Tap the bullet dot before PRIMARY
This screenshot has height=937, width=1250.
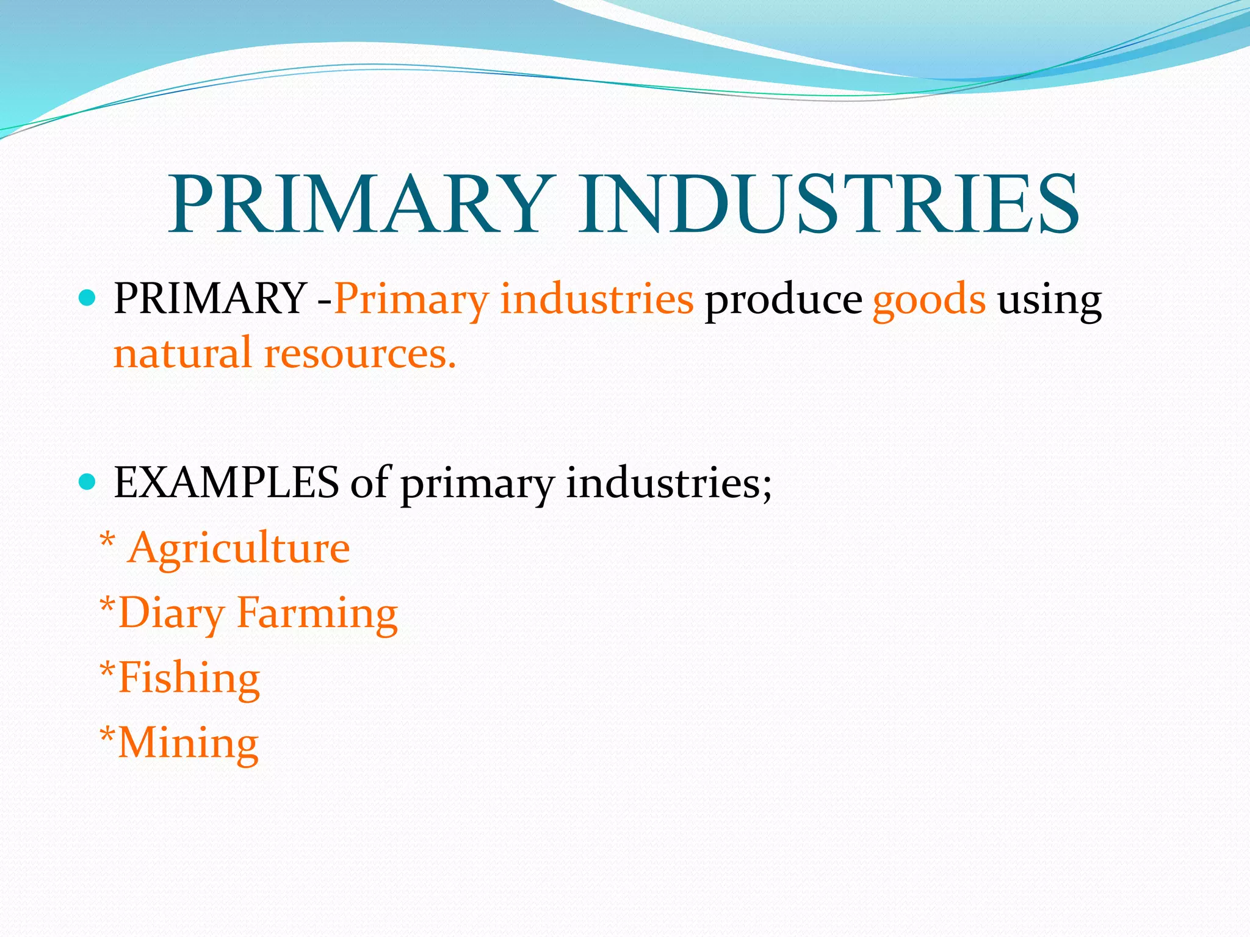click(88, 298)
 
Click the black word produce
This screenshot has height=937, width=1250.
click(783, 300)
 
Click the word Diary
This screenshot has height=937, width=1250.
click(172, 614)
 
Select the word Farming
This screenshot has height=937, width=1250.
click(317, 614)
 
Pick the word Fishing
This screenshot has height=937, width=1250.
click(189, 678)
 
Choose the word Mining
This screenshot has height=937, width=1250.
click(188, 744)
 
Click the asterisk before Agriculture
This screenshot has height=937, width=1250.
click(107, 540)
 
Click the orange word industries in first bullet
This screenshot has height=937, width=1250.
click(596, 300)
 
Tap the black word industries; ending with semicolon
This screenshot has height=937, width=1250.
click(668, 483)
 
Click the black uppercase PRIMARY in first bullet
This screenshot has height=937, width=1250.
click(210, 299)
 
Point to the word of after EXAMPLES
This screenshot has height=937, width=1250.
click(369, 483)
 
